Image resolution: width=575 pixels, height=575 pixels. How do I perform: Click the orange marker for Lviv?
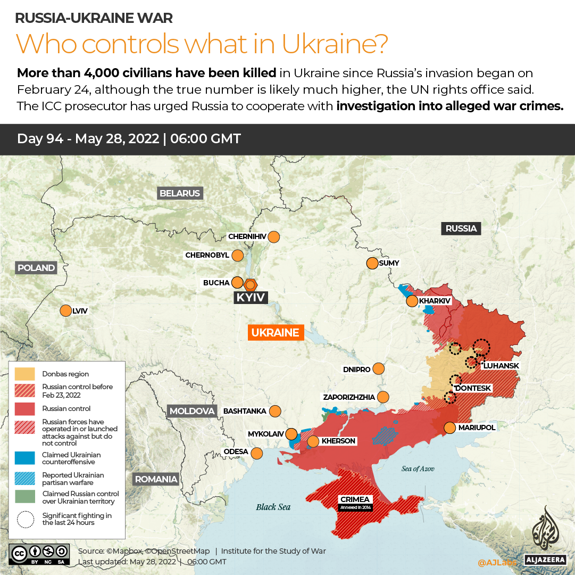pos(66,310)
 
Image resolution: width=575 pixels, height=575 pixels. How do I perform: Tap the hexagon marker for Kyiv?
pos(251,284)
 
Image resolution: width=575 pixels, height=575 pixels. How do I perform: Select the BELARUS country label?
pos(180,193)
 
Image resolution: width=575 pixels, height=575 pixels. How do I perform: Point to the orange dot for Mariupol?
pos(450,428)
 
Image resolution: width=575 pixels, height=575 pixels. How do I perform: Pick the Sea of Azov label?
pos(418,469)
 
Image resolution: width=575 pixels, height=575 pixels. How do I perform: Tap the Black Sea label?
pos(273,507)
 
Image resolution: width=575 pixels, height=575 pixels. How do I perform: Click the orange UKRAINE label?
pos(275,333)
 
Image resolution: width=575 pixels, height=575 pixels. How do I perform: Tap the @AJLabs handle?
pos(497,562)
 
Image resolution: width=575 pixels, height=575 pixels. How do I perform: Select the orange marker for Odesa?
pos(257,453)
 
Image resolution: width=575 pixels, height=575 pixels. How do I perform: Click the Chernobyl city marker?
pos(238,256)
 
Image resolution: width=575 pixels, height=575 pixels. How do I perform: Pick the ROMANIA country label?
pos(156,479)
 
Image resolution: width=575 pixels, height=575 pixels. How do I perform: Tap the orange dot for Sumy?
pos(372,263)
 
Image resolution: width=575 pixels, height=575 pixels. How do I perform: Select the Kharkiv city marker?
pos(412,301)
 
